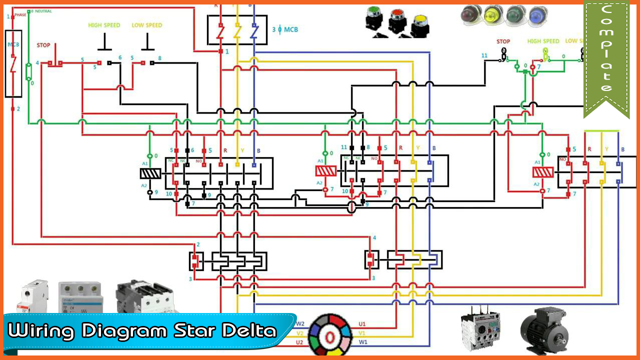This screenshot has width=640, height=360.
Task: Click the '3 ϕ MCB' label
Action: coord(285,29)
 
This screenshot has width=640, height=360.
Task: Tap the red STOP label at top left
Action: coord(43,45)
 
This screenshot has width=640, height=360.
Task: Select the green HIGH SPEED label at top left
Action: coord(104,25)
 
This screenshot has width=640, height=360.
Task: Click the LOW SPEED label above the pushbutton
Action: coord(147,25)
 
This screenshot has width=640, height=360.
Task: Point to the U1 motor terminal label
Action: coord(362,324)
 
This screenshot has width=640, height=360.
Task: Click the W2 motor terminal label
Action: coord(300,324)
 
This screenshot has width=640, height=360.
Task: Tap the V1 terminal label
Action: coord(362,333)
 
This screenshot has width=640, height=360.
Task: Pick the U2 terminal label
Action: coord(299,342)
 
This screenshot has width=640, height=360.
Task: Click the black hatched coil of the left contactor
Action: coord(150,173)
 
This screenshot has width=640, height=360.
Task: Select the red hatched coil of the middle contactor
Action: coord(325,171)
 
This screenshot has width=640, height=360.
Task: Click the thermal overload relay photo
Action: coord(480,327)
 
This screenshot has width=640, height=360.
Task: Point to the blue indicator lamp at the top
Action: coord(538,15)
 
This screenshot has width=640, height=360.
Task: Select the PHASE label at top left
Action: coord(20,15)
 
